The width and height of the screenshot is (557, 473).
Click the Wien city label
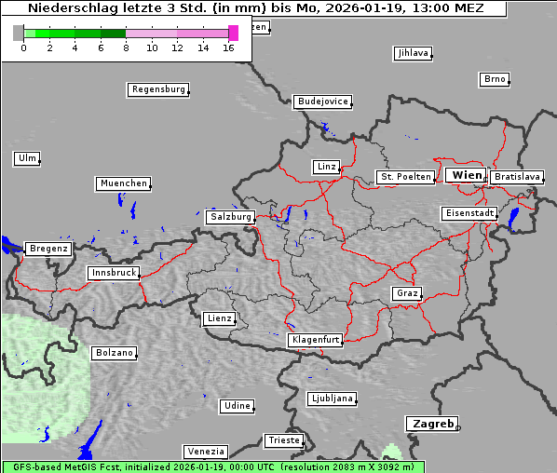(467, 175)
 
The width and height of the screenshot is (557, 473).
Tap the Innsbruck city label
(114, 274)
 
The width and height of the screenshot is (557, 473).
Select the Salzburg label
(231, 217)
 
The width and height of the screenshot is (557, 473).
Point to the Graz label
(407, 294)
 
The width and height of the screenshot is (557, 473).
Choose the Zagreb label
(431, 424)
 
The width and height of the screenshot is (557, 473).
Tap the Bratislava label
(517, 177)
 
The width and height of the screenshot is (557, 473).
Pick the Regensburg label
(158, 90)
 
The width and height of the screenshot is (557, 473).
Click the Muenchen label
(123, 184)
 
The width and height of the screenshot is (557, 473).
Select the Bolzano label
(115, 354)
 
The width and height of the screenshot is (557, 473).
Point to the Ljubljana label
(332, 399)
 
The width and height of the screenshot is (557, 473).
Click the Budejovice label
(322, 101)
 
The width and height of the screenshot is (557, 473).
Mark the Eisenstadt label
(469, 214)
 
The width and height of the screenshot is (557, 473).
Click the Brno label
(495, 79)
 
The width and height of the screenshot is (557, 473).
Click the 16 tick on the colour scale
(229, 47)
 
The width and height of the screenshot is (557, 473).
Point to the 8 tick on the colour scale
(126, 47)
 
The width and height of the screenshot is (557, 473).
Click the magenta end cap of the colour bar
(233, 33)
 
